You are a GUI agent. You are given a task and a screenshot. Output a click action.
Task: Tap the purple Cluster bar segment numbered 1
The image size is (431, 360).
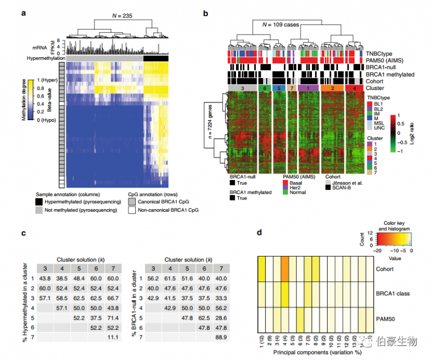point(308,87)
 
